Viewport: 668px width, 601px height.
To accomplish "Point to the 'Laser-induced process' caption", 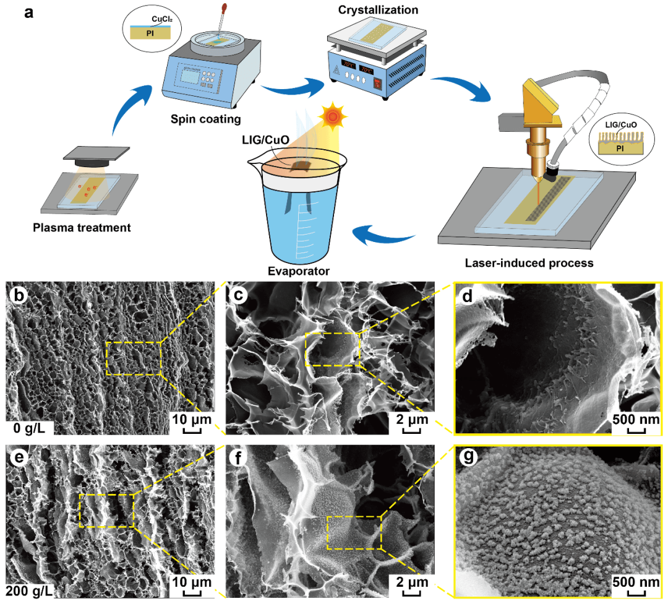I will (529, 263).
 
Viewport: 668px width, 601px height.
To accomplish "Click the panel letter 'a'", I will (28, 13).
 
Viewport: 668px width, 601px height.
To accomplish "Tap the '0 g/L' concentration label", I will (25, 426).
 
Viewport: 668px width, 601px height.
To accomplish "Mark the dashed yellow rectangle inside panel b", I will (133, 357).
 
